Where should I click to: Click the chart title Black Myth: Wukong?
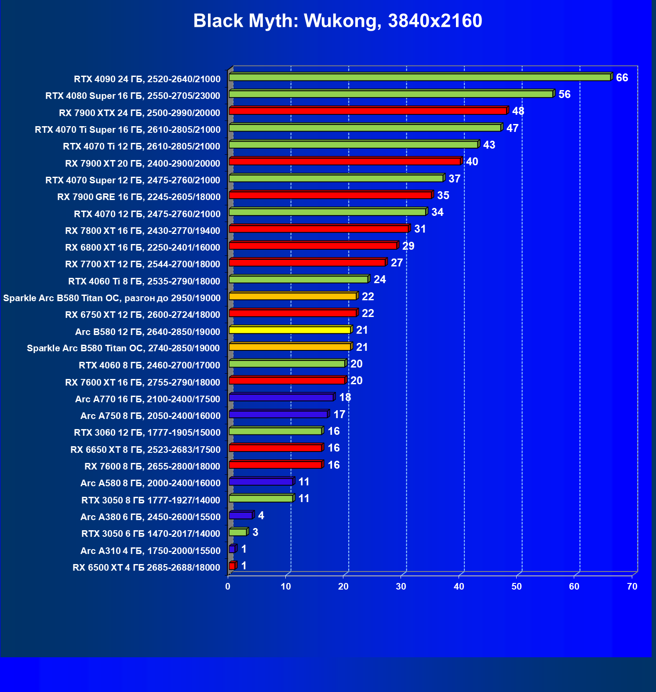[x=337, y=21]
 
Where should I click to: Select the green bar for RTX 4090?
[x=419, y=77]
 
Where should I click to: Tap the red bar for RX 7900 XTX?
[x=368, y=111]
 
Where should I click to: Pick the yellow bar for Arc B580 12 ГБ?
[x=290, y=330]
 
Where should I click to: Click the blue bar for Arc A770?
[x=281, y=397]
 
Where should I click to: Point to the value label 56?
[x=564, y=95]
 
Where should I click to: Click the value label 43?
[x=489, y=145]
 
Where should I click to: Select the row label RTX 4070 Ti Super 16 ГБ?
[x=128, y=130]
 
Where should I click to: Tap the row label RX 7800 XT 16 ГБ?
[x=142, y=231]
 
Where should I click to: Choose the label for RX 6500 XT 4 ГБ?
[x=146, y=568]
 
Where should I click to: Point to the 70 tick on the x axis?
[x=632, y=586]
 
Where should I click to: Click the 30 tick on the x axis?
[x=401, y=586]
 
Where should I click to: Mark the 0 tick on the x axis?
[x=228, y=586]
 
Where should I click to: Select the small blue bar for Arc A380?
[x=241, y=515]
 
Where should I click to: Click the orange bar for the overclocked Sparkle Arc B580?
[x=292, y=296]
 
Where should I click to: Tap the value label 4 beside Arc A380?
[x=261, y=515]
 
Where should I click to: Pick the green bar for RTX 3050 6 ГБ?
[x=238, y=532]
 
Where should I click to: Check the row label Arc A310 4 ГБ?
[x=150, y=551]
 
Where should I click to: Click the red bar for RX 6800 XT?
[x=313, y=246]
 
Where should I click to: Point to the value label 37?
[x=454, y=179]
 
